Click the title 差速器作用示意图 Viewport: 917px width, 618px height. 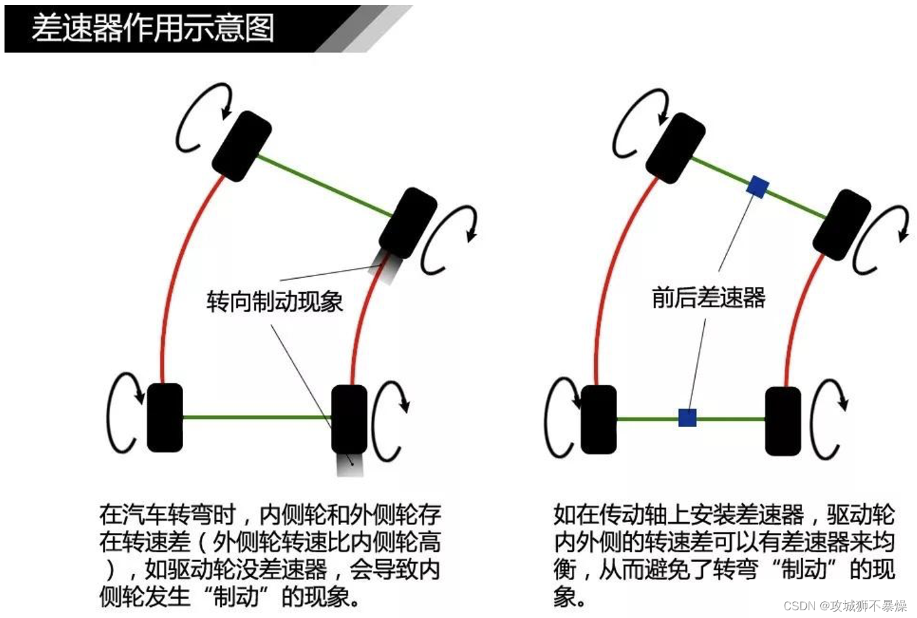[153, 28]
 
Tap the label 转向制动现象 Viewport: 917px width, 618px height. [274, 301]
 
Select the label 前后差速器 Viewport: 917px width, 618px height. [708, 297]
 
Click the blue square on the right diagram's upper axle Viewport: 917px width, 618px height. [757, 187]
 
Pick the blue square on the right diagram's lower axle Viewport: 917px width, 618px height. [687, 418]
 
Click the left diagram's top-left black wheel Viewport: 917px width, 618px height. [242, 146]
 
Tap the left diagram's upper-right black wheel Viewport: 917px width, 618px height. [408, 223]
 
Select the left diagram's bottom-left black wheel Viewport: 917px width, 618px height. [165, 417]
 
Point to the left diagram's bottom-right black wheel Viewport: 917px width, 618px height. [349, 419]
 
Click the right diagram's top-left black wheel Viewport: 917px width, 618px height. [675, 147]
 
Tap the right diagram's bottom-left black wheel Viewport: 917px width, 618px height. [598, 419]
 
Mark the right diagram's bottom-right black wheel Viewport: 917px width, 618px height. [783, 421]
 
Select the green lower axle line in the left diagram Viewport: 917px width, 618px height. [257, 417]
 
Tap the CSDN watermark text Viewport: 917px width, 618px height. [845, 606]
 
